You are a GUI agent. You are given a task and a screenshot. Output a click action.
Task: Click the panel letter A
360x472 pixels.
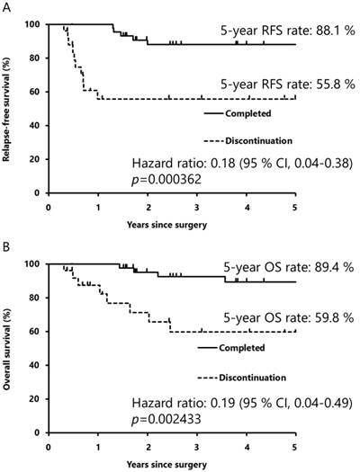(x=6, y=7)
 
